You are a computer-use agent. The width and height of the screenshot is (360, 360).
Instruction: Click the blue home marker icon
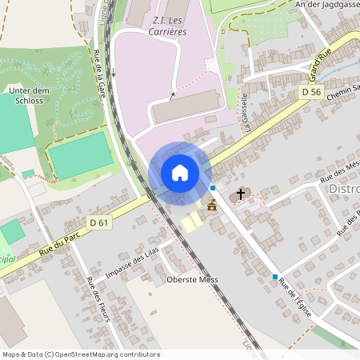[180, 173]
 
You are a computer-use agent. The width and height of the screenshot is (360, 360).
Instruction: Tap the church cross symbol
[239, 194]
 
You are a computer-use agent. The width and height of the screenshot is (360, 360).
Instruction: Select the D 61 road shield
[99, 222]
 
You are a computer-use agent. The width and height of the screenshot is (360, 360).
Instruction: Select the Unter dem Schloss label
[30, 97]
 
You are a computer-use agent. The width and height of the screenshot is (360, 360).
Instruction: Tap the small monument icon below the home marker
[211, 206]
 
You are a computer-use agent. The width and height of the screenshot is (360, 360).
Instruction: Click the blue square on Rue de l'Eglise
[275, 277]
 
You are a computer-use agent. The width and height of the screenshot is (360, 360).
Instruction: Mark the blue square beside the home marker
[213, 187]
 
